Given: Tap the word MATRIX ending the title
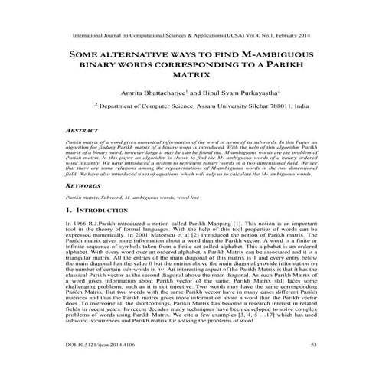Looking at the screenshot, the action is [x=188, y=78].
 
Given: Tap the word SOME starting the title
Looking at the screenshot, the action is [x=87, y=56].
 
